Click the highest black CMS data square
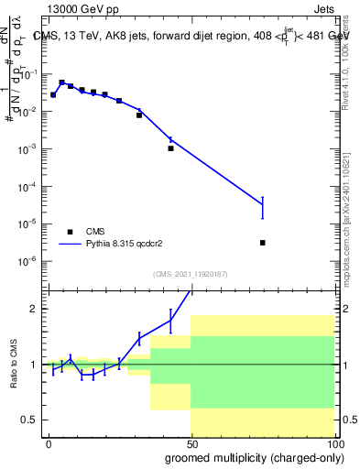point(61,82)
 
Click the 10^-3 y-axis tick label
point(31,148)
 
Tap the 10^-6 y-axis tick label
point(31,261)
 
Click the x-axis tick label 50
point(191,443)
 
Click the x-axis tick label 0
point(48,443)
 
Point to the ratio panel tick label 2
point(36,309)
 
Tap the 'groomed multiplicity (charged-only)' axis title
point(250,457)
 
